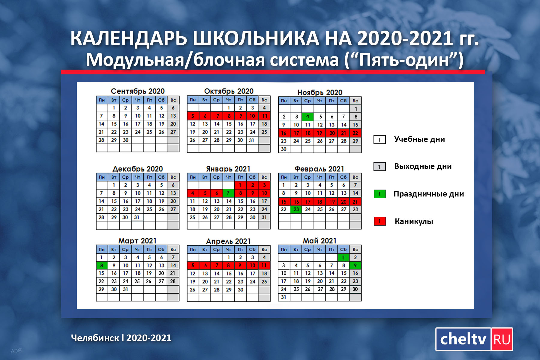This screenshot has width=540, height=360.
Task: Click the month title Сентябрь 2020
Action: point(138,91)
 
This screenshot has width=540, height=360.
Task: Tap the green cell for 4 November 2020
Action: point(307,117)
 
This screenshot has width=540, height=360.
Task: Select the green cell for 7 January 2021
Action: point(229,193)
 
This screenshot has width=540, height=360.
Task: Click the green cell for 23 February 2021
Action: point(296,209)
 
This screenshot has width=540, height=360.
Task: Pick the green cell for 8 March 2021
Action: point(102,265)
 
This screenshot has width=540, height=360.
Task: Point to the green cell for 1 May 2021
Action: point(343,257)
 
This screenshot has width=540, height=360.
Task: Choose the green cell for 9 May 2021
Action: point(355,265)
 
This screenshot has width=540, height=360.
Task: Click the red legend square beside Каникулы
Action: point(379,221)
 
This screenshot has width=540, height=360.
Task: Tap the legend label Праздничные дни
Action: point(429,194)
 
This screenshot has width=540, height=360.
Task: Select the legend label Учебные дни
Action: point(419,139)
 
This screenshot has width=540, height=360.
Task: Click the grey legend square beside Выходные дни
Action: point(379,166)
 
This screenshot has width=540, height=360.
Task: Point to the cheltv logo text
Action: point(463,339)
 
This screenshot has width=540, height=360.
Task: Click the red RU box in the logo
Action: point(502,339)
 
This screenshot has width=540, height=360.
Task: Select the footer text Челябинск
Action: point(95,338)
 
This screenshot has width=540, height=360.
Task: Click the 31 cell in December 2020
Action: point(137,217)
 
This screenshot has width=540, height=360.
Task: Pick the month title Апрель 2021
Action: point(228,241)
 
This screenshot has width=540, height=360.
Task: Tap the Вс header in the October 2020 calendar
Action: point(264,100)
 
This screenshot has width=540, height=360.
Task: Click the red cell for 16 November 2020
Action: point(284,133)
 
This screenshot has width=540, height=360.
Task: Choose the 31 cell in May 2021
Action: point(284,297)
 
